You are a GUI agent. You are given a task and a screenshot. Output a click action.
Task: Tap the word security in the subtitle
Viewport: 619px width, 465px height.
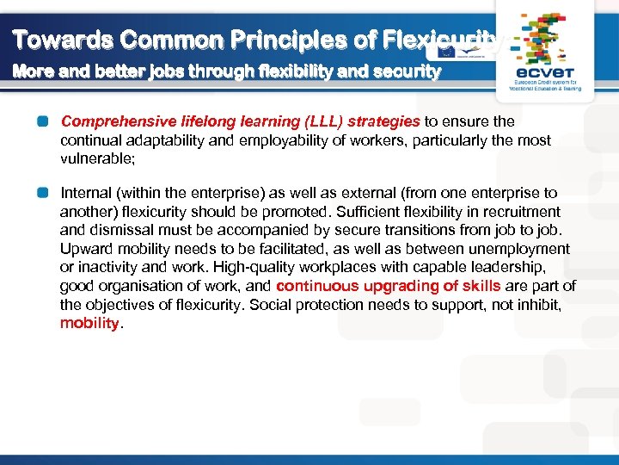pos(406,72)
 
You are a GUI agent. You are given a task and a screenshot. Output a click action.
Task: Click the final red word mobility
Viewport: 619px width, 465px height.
pos(89,324)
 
